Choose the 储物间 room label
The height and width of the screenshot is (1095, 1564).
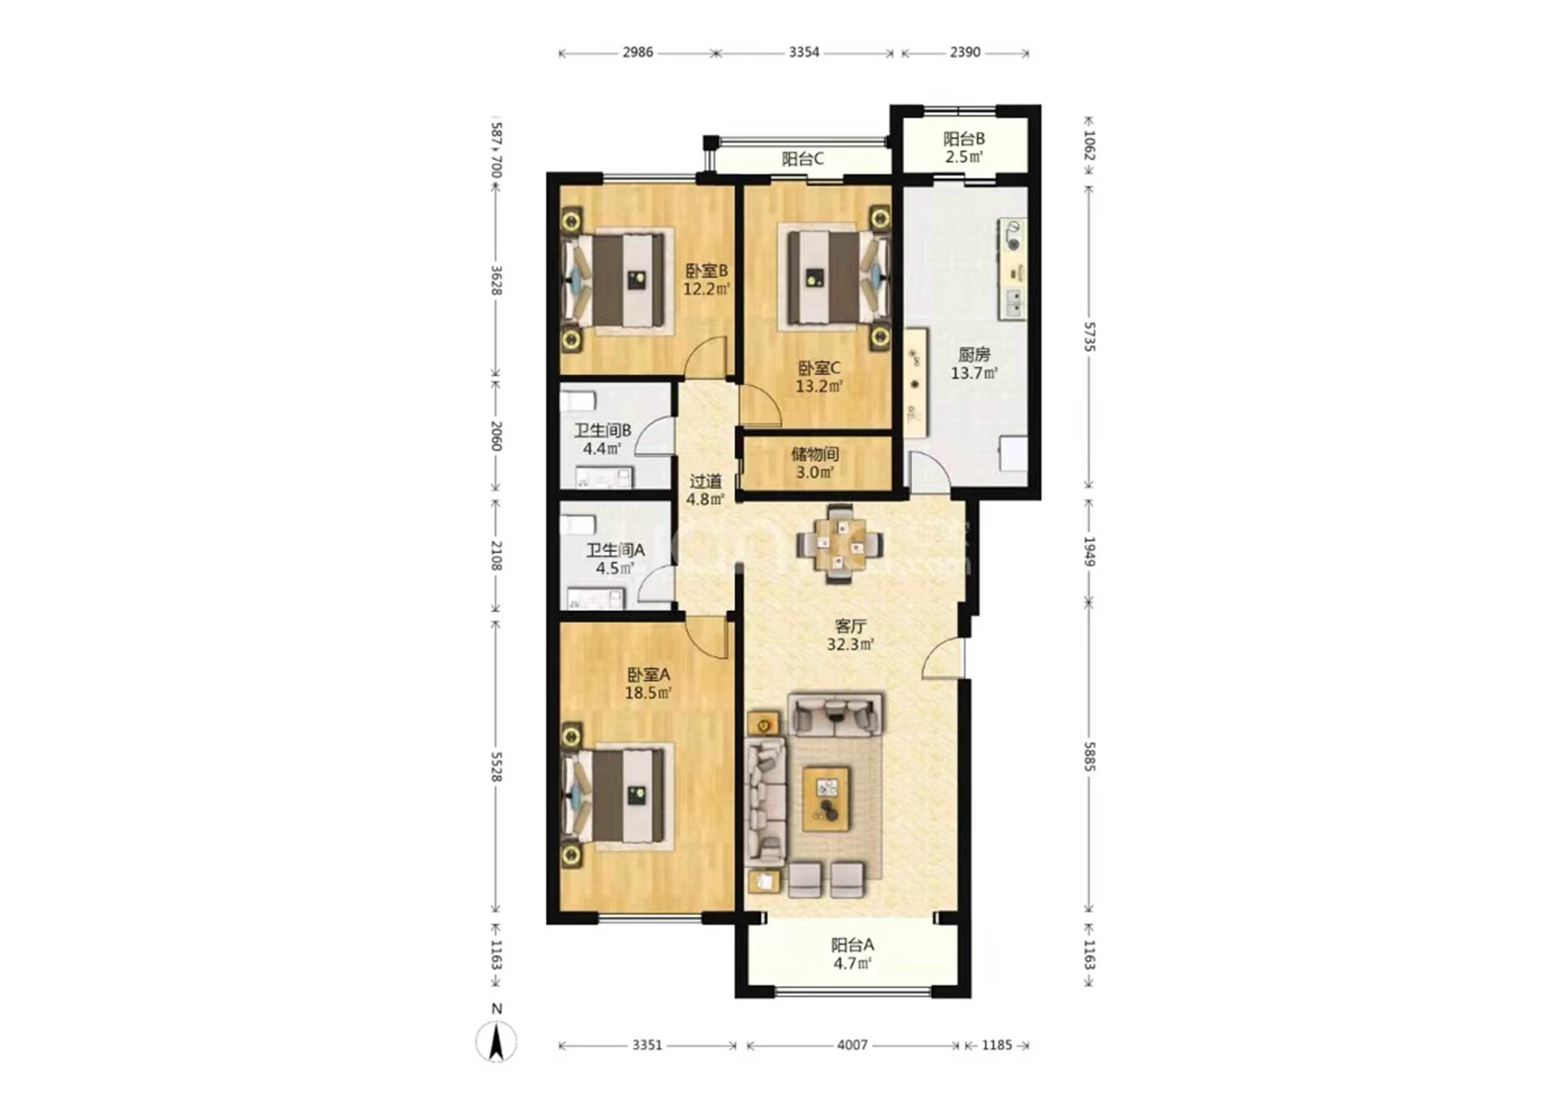[815, 454]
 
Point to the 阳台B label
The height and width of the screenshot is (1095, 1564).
[964, 139]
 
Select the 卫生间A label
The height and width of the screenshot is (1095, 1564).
[615, 550]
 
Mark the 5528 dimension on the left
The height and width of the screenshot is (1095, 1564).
[496, 766]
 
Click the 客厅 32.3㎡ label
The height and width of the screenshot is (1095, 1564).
[850, 634]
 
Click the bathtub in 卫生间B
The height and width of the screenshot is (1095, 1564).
[578, 400]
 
